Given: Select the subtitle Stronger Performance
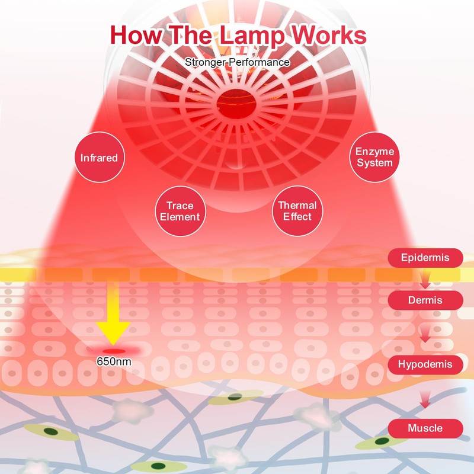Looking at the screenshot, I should coord(237,62).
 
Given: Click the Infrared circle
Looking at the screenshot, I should coord(100,158).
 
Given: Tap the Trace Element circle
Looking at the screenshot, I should coord(180,211).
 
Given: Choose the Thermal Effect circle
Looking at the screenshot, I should coord(297,211).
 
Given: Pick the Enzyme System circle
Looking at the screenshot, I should coord(374,157).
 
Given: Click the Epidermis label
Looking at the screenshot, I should coord(425,258).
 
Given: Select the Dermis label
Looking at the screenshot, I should coord(425,300).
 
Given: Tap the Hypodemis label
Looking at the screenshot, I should coord(425,364).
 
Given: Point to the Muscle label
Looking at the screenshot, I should coord(425,428).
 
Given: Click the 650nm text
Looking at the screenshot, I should coord(114,361).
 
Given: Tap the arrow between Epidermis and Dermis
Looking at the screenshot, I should coord(425,278).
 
